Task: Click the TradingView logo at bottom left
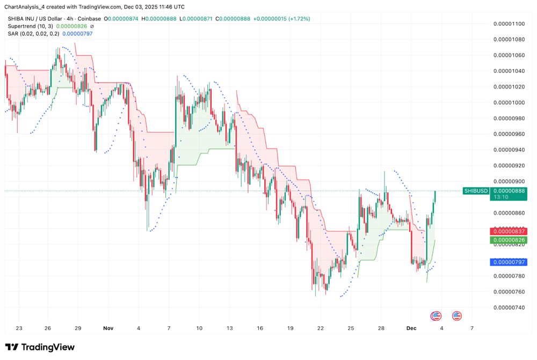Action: pyautogui.click(x=40, y=347)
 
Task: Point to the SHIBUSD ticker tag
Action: pyautogui.click(x=476, y=191)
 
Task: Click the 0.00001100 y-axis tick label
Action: pyautogui.click(x=510, y=24)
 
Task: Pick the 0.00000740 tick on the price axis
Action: pyautogui.click(x=510, y=307)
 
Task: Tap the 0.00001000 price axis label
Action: pyautogui.click(x=510, y=102)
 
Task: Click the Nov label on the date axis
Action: pyautogui.click(x=108, y=328)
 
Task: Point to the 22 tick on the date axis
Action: pyautogui.click(x=320, y=328)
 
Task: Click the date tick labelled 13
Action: pyautogui.click(x=230, y=328)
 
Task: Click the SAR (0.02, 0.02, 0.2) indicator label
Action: pyautogui.click(x=32, y=33)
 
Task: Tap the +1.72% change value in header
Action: pyautogui.click(x=298, y=19)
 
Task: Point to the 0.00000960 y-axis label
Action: pyautogui.click(x=510, y=134)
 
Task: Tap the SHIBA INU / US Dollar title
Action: pyautogui.click(x=32, y=19)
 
